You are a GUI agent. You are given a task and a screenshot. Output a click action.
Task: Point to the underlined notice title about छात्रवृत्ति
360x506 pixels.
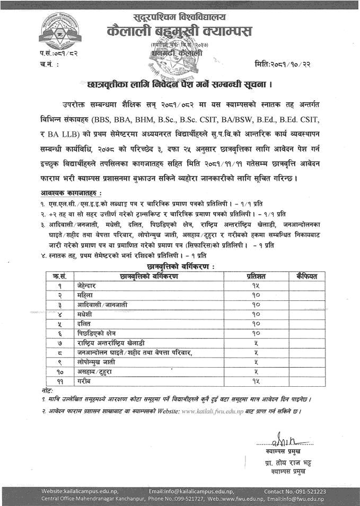pos(180,84)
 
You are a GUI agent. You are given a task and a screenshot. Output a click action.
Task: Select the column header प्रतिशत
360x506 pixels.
pos(256,276)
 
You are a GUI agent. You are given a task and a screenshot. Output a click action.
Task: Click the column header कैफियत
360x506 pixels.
pos(306,276)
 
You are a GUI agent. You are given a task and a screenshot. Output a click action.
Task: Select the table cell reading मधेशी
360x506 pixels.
pos(85,314)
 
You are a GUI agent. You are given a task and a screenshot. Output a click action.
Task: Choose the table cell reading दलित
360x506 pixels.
pos(84,323)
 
